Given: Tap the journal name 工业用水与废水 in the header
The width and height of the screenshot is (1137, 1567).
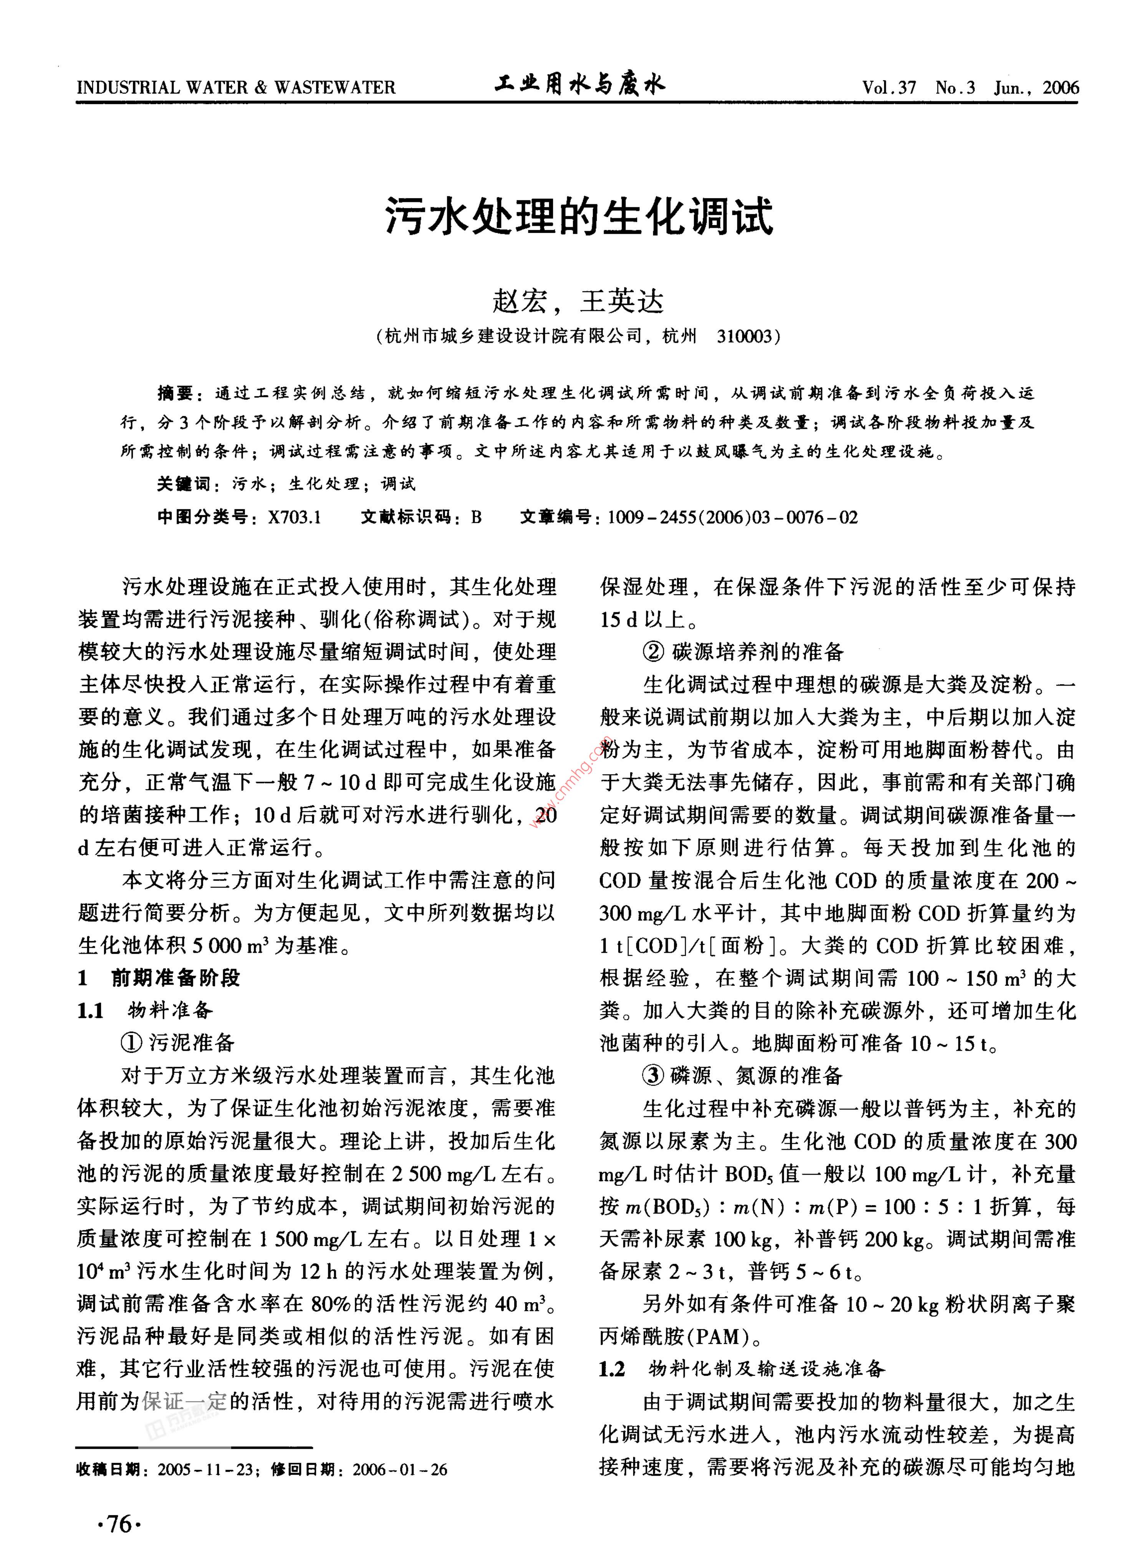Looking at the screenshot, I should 579,85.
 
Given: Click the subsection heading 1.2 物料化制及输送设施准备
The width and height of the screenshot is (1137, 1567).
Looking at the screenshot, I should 743,1368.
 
